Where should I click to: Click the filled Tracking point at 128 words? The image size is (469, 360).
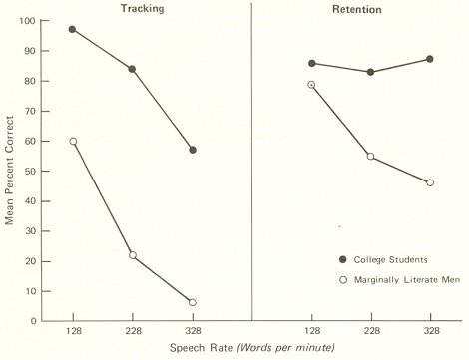point(73,29)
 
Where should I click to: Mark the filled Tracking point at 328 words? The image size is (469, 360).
point(192,150)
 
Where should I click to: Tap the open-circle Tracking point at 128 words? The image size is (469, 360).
point(73,141)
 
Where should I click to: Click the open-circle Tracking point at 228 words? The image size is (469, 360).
point(132,255)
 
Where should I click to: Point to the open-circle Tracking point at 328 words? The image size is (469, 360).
point(192,302)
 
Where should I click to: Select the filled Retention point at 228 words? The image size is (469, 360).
point(370,72)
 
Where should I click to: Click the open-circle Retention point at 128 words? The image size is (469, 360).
point(311,85)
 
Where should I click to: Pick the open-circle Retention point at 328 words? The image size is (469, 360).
point(429,182)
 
